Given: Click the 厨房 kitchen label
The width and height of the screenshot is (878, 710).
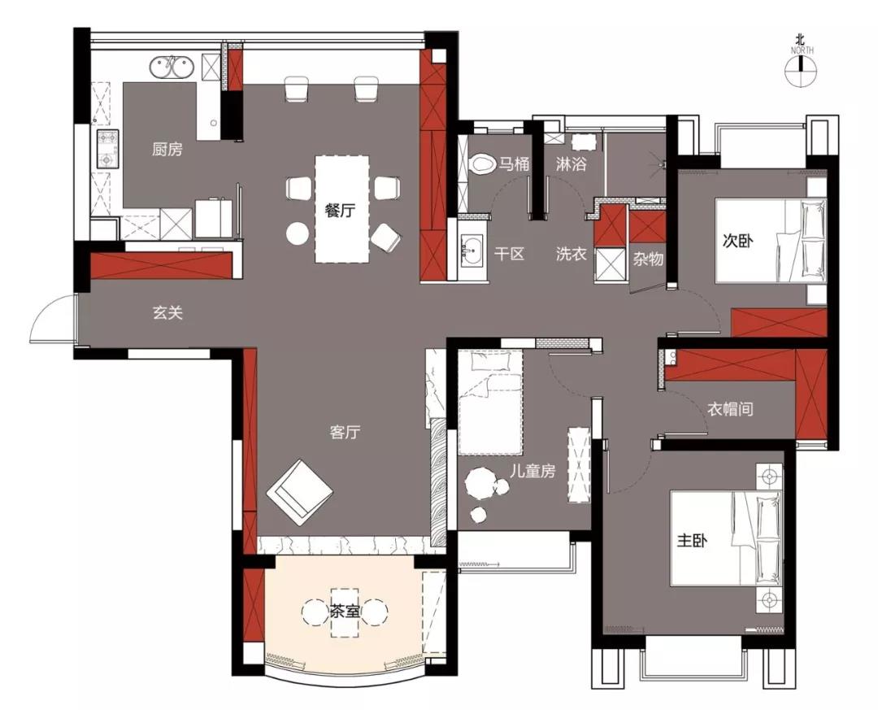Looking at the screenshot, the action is [167, 149].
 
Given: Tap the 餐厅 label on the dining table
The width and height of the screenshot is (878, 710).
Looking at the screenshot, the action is [341, 211].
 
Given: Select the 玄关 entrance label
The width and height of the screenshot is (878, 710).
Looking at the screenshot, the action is [168, 312].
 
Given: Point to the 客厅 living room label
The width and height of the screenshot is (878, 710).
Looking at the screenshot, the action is [345, 432].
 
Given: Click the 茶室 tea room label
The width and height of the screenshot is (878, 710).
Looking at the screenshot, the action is [344, 612].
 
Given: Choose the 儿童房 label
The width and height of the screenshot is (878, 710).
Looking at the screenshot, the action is [532, 471].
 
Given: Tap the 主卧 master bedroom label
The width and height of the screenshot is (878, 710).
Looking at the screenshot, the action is [692, 541].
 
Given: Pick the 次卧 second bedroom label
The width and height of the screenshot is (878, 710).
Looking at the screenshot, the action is [737, 241].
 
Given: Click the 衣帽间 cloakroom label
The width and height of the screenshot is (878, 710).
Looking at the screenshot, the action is [730, 409].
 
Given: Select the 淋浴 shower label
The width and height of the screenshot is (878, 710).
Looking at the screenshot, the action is [572, 164].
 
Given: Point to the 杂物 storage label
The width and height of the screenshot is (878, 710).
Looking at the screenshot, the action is [649, 259].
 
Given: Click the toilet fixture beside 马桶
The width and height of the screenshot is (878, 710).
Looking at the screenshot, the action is [481, 164].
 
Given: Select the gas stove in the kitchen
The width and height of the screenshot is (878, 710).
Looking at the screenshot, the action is [107, 149].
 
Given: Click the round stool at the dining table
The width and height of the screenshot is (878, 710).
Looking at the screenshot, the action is [297, 233].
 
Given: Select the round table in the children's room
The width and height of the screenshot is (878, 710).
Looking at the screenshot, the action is [480, 483].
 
